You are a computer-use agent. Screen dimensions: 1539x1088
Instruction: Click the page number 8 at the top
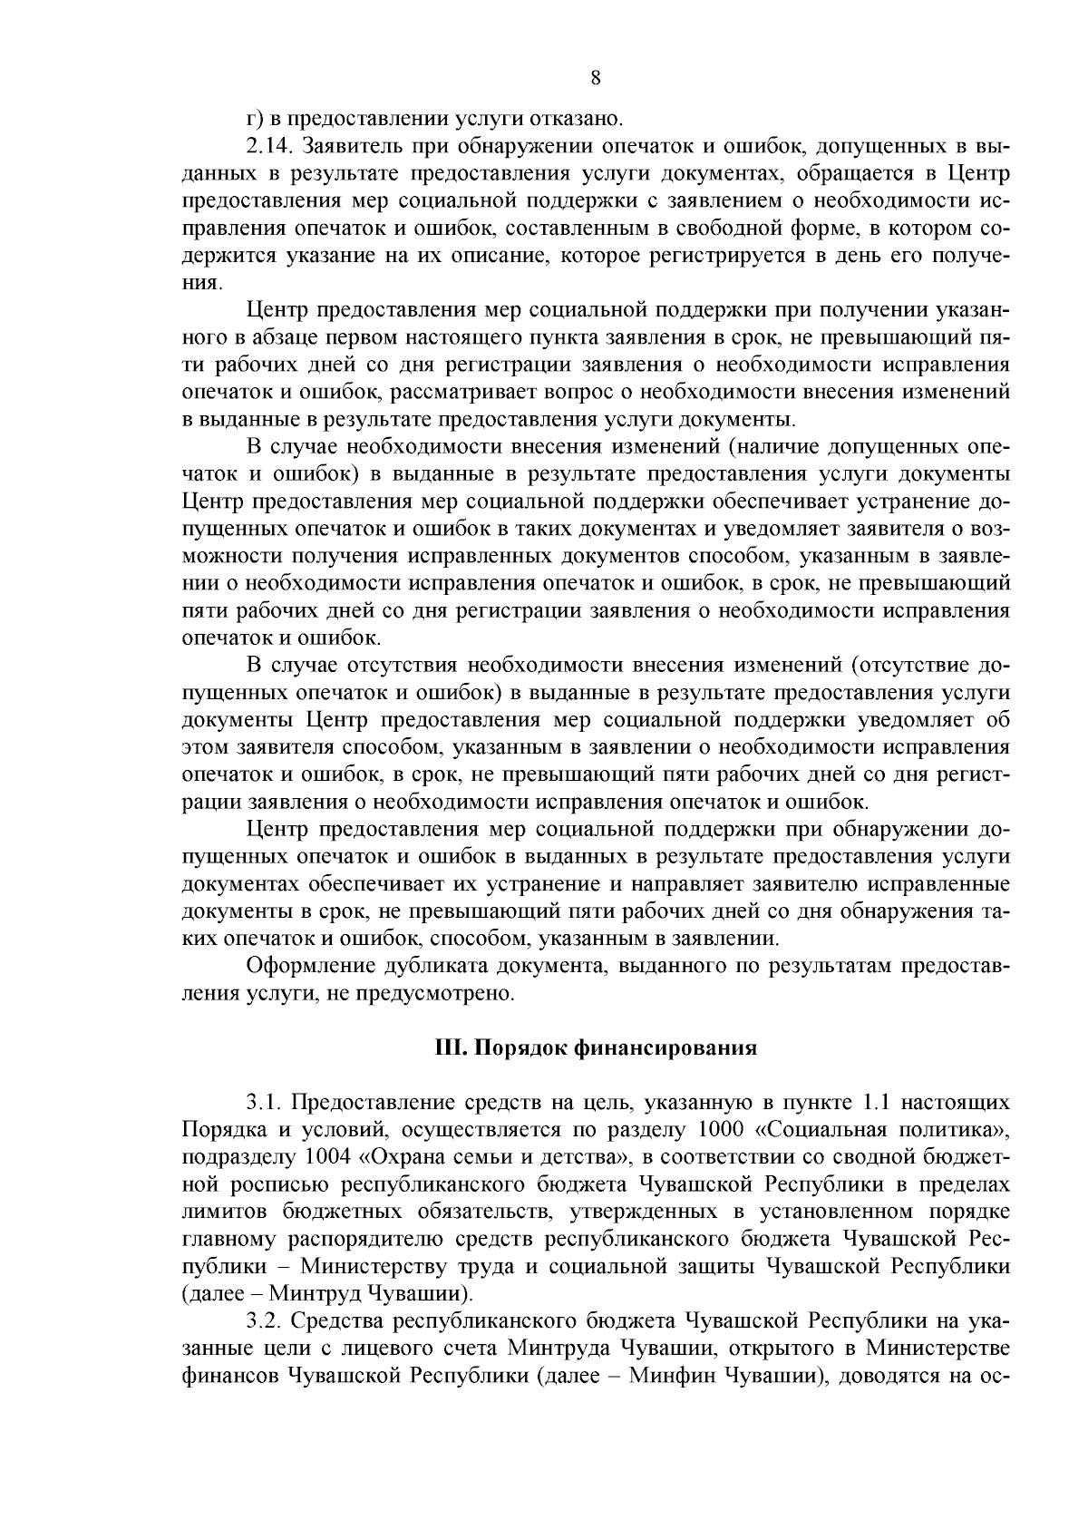click(x=596, y=78)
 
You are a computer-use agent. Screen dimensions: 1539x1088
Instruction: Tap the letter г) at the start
click(x=255, y=118)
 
